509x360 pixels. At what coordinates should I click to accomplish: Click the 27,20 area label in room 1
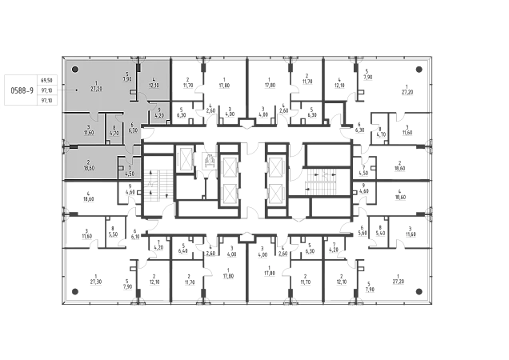[96, 89]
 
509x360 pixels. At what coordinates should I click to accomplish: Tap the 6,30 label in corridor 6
[133, 130]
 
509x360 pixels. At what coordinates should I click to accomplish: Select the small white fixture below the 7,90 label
[133, 93]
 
